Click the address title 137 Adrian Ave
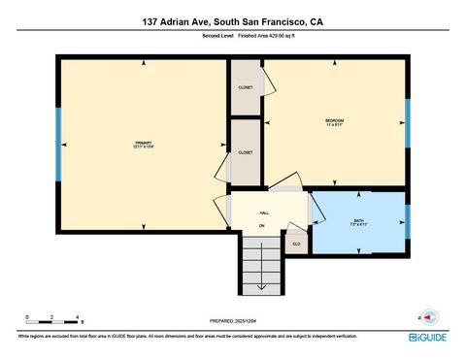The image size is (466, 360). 232,20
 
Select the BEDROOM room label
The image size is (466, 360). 334,121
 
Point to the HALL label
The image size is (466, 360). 263,213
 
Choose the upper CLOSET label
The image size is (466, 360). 246,87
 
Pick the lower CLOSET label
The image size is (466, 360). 246,152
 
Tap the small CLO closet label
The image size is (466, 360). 296,244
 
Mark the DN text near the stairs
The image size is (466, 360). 261,226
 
